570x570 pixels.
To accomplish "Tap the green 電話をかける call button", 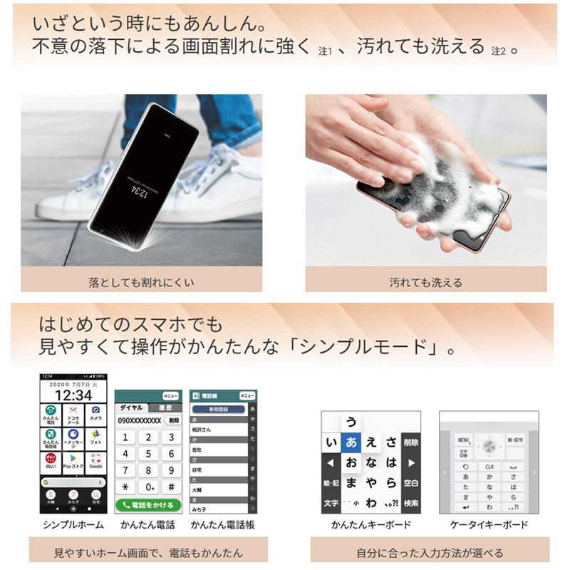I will [x=147, y=504].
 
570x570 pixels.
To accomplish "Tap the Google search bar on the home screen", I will [x=73, y=482].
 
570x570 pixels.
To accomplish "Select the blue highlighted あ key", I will [x=351, y=442].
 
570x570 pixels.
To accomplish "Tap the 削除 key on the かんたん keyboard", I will [x=411, y=442].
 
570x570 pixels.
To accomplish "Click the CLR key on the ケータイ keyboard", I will [x=489, y=467].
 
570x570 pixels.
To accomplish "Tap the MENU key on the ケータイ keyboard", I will [x=463, y=440].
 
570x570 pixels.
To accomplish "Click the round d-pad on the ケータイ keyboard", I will [x=489, y=445].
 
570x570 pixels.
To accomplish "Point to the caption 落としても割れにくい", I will [x=141, y=282].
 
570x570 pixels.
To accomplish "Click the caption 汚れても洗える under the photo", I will [x=425, y=282].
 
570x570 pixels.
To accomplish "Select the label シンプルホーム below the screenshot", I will [x=73, y=525].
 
